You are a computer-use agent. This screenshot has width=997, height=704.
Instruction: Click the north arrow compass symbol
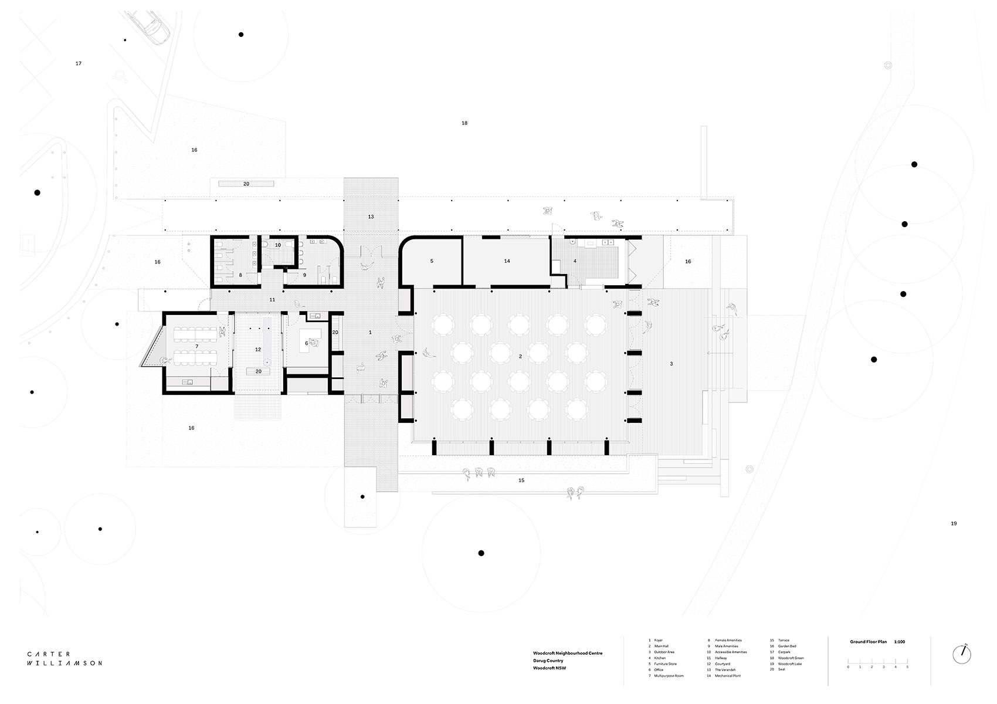click(962, 655)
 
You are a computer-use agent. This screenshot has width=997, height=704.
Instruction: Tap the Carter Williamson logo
click(65, 658)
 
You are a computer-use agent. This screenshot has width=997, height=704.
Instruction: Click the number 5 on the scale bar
click(908, 667)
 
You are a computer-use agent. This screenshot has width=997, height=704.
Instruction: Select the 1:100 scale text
click(899, 642)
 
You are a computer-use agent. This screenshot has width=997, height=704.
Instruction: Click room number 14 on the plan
click(507, 261)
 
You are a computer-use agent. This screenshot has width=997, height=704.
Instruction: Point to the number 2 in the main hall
click(520, 356)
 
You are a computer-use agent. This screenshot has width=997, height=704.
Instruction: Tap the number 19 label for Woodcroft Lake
click(954, 523)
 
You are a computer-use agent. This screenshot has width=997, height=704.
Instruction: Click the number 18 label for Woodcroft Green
click(464, 123)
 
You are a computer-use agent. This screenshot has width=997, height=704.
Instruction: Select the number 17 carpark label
click(79, 63)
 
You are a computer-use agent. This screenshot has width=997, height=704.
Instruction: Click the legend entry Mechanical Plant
click(727, 676)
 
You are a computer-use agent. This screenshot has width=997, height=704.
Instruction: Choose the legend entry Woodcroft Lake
click(789, 664)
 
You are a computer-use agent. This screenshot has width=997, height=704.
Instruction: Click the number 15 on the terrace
click(521, 480)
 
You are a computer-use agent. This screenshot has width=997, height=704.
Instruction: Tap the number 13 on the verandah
click(371, 217)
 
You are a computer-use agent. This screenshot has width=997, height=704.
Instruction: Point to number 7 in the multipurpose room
click(196, 347)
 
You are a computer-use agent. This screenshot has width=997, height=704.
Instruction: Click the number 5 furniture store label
click(432, 261)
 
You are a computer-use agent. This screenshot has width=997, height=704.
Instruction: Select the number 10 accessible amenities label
click(278, 245)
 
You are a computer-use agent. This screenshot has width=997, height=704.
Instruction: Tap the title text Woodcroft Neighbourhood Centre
click(567, 653)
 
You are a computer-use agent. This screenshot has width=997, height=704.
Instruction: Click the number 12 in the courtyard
click(258, 350)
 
